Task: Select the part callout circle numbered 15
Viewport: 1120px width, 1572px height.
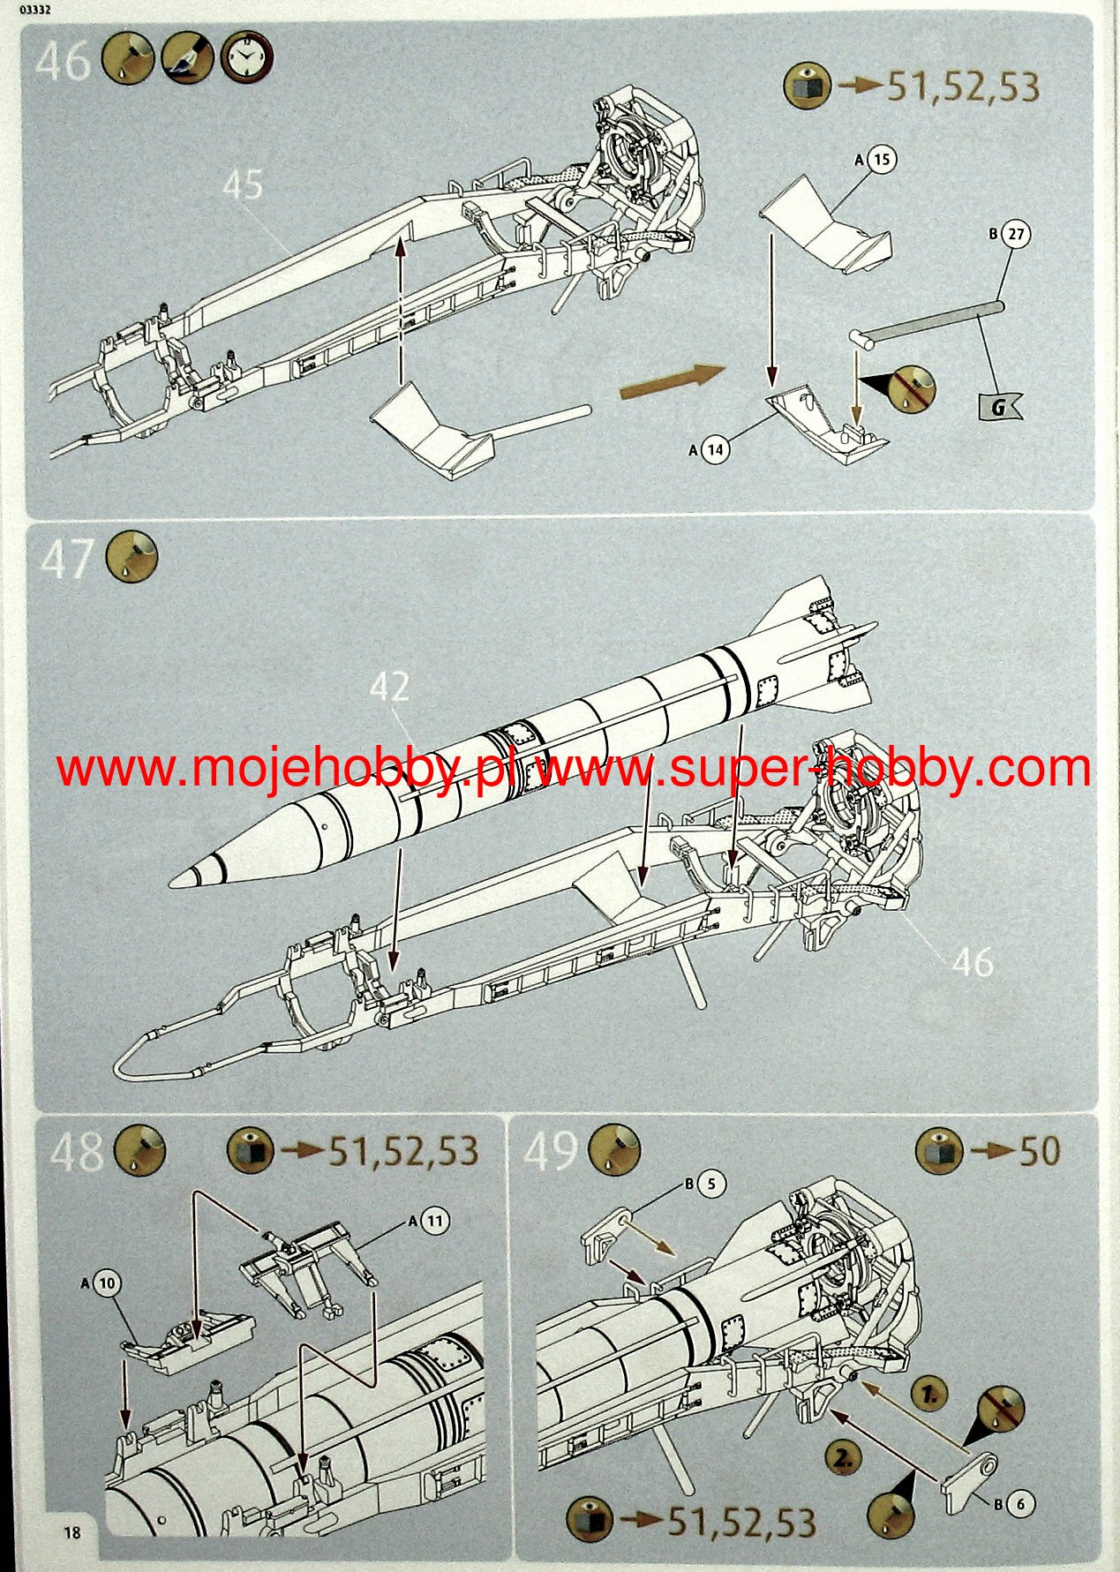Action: point(881,160)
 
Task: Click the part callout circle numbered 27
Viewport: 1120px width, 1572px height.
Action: point(1017,234)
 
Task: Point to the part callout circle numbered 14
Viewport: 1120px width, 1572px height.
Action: point(716,449)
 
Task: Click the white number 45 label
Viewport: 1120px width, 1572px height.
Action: point(243,184)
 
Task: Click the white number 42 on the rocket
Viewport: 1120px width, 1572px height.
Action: point(389,686)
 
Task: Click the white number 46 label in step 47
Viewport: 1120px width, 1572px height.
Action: point(972,961)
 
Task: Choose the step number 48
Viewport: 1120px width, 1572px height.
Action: point(77,1152)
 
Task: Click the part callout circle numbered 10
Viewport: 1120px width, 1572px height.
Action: point(107,1283)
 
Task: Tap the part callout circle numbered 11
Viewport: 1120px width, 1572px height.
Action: point(434,1222)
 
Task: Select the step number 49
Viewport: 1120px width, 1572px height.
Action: point(552,1151)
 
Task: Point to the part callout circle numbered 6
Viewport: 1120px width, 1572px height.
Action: point(1021,1504)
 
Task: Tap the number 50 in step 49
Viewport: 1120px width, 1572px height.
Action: point(1040,1151)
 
